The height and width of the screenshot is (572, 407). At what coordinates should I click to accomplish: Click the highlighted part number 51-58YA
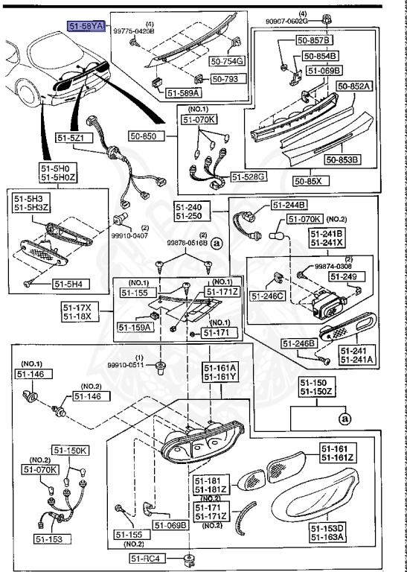pyautogui.click(x=86, y=26)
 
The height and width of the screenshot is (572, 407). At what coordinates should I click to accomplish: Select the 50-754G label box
pyautogui.click(x=228, y=61)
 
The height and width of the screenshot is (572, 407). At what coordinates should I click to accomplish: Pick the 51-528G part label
pyautogui.click(x=249, y=177)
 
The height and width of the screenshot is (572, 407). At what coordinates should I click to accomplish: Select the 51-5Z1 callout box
pyautogui.click(x=74, y=138)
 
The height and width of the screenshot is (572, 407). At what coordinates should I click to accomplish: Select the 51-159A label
pyautogui.click(x=134, y=326)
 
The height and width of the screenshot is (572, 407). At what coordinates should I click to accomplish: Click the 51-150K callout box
pyautogui.click(x=70, y=451)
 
